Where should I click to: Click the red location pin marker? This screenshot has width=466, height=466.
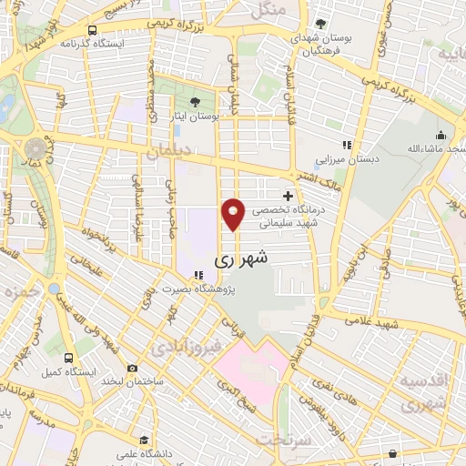[x=233, y=214]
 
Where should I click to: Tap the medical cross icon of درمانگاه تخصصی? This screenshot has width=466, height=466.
[x=289, y=195]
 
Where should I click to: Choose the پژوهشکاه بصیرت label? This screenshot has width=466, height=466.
[x=198, y=289]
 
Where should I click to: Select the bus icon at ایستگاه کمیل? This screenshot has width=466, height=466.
[x=69, y=357]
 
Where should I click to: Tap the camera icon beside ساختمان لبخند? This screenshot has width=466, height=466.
[x=134, y=368]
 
